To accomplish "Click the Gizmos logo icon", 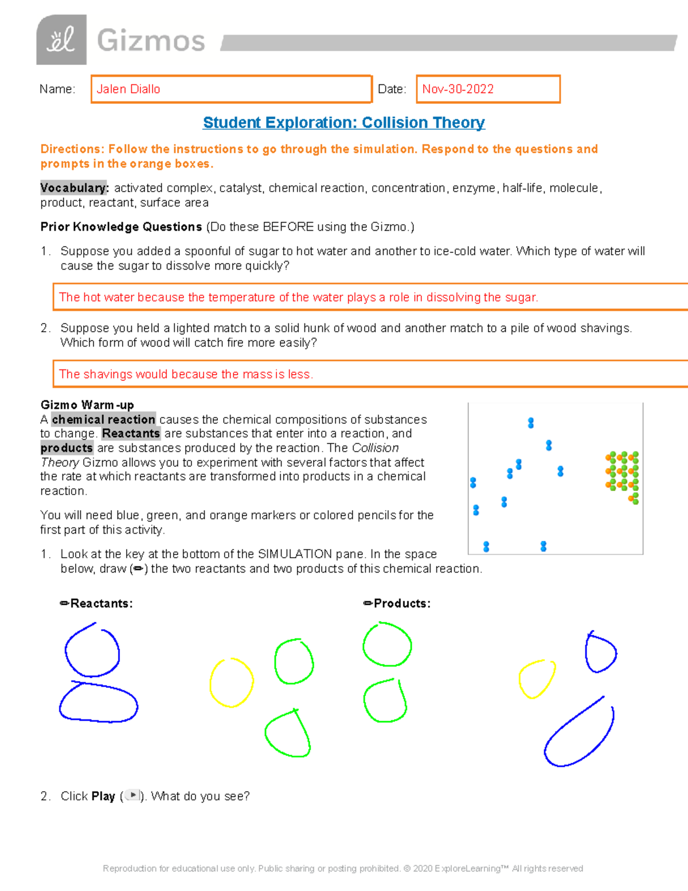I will (61, 40).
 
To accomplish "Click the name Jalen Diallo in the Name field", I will (128, 89).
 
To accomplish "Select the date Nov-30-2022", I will (458, 89).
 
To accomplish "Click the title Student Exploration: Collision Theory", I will (343, 123).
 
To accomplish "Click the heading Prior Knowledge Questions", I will (121, 227).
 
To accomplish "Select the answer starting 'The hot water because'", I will (298, 297).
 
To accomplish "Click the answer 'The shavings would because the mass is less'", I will (186, 374).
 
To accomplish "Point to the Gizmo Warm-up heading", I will (87, 405).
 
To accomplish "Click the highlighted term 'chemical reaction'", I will (103, 419).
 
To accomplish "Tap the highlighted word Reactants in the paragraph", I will (131, 434).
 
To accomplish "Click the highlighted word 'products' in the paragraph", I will (67, 448).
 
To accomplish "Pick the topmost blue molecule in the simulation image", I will (531, 423).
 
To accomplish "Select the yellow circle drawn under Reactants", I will (232, 683).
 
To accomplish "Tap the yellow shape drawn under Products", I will (537, 679).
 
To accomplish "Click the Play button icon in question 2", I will (132, 795).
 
